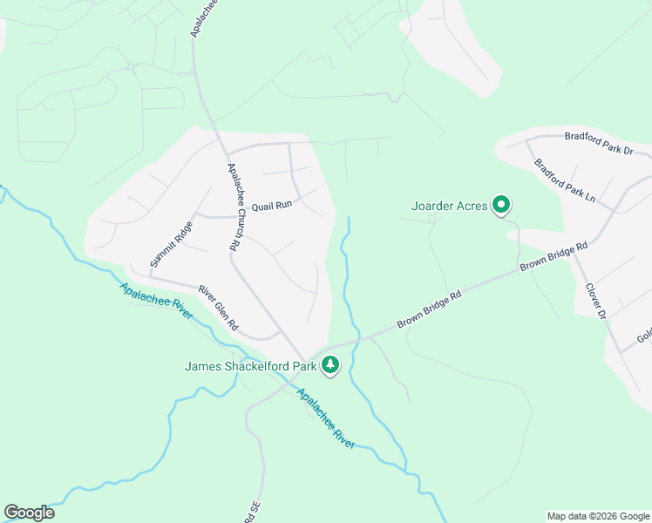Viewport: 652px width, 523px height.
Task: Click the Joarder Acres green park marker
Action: click(501, 206)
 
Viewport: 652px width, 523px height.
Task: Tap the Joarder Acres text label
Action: click(449, 207)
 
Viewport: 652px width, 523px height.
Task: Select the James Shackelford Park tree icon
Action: click(329, 365)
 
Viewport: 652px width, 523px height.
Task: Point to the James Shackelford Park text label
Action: click(249, 366)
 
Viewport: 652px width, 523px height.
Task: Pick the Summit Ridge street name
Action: click(171, 244)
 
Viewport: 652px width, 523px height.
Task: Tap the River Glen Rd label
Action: click(218, 307)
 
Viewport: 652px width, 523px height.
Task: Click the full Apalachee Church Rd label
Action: click(233, 207)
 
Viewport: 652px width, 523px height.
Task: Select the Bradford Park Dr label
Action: click(598, 143)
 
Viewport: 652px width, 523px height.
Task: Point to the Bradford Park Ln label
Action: click(564, 180)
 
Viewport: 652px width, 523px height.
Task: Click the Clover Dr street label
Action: click(595, 300)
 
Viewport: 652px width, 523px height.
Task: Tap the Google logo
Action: click(29, 513)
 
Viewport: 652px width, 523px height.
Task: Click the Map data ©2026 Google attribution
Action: click(598, 516)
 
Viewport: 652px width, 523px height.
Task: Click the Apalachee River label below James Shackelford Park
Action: click(326, 418)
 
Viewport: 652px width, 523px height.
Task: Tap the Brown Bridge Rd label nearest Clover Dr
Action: click(554, 257)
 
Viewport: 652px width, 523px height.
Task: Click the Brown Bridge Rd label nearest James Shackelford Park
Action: click(429, 309)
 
